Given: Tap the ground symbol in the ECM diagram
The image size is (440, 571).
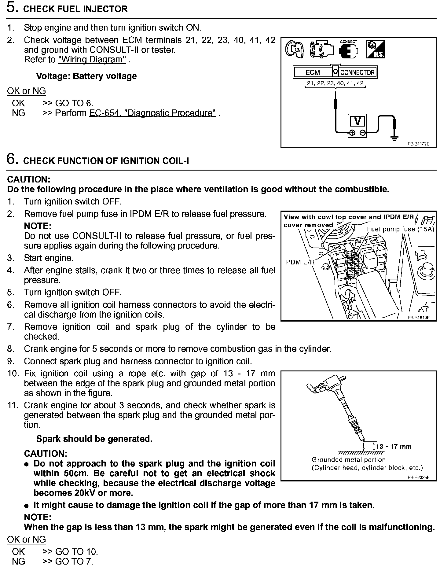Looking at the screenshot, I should coord(394,138).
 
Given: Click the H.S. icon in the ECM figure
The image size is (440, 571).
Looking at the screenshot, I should coord(376,49).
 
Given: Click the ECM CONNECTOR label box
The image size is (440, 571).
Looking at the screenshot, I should coord(335,72).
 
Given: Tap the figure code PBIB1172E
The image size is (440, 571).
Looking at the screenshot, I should coord(418,143).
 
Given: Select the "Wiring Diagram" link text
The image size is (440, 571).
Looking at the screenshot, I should coord(92,60).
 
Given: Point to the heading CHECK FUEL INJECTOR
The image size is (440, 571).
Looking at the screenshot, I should coord(75,9).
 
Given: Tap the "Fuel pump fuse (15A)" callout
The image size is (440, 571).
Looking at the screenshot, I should coord(400,229).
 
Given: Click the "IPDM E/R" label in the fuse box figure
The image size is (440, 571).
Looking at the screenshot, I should coord(299,262).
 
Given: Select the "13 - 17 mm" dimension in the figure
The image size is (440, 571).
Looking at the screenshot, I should coord(394,447).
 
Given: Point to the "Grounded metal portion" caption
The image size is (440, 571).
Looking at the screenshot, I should coord(349,460).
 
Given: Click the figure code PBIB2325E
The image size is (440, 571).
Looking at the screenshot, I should coord(418,477).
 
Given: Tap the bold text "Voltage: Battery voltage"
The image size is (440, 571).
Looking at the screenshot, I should coord(86,76).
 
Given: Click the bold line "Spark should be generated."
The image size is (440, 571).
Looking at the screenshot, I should coord(94,439).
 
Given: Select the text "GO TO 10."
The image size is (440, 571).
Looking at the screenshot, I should coord(76,552).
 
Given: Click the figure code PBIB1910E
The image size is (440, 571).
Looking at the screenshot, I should coord(418,317).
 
